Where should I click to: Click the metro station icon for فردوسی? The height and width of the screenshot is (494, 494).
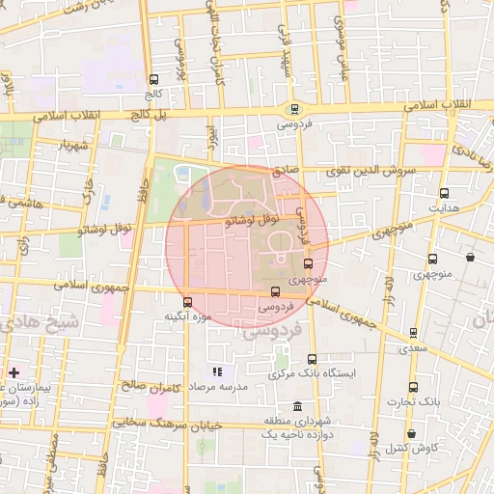pyautogui.click(x=293, y=110)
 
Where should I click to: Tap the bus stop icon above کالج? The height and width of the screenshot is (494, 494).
pyautogui.click(x=154, y=80)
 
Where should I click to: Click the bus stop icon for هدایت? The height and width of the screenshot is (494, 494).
pyautogui.click(x=444, y=193)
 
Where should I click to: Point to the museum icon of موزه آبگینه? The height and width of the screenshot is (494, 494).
pyautogui.click(x=186, y=301)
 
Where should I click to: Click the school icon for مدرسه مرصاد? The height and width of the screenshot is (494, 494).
pyautogui.click(x=218, y=370)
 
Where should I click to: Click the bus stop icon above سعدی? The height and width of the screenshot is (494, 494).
pyautogui.click(x=414, y=332)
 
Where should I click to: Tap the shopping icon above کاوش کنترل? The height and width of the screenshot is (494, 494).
pyautogui.click(x=412, y=433)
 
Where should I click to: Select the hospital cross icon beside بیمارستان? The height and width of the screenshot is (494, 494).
pyautogui.click(x=14, y=371)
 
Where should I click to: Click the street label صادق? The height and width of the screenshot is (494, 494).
pyautogui.click(x=284, y=169)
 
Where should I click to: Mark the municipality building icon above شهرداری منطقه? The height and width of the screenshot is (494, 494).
pyautogui.click(x=296, y=405)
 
